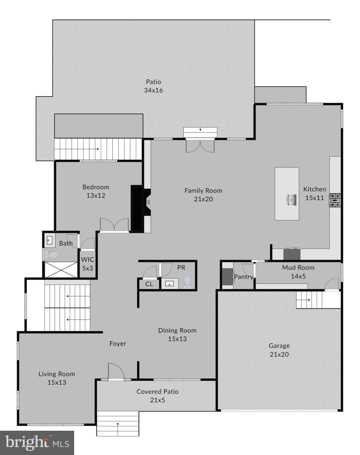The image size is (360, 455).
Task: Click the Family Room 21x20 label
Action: pos(203,195)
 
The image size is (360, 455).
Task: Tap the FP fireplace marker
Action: pos(149,202)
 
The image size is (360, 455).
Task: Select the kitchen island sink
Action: pos(291,200)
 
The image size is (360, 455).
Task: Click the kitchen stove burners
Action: pos(335,200)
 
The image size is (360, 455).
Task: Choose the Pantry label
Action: pos(243,277)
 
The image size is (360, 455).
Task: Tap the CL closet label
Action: pos(149,284)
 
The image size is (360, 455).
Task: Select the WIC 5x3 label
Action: pos(87,264)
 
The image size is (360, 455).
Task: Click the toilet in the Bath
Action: pos(52,254)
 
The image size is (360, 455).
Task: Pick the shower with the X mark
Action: pos(61,270)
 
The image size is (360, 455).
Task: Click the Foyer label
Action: pos(118,344)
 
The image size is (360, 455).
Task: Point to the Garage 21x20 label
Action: pos(279,350)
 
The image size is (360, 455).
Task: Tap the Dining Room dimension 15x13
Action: pos(177,339)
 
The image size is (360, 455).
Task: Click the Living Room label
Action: pos(57,374)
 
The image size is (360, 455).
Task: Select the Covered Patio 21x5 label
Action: pos(157,395)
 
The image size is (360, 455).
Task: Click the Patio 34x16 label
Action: pos(153,86)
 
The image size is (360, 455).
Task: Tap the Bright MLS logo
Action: pos(37,443)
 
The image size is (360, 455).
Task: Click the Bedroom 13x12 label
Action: pos(96,191)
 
